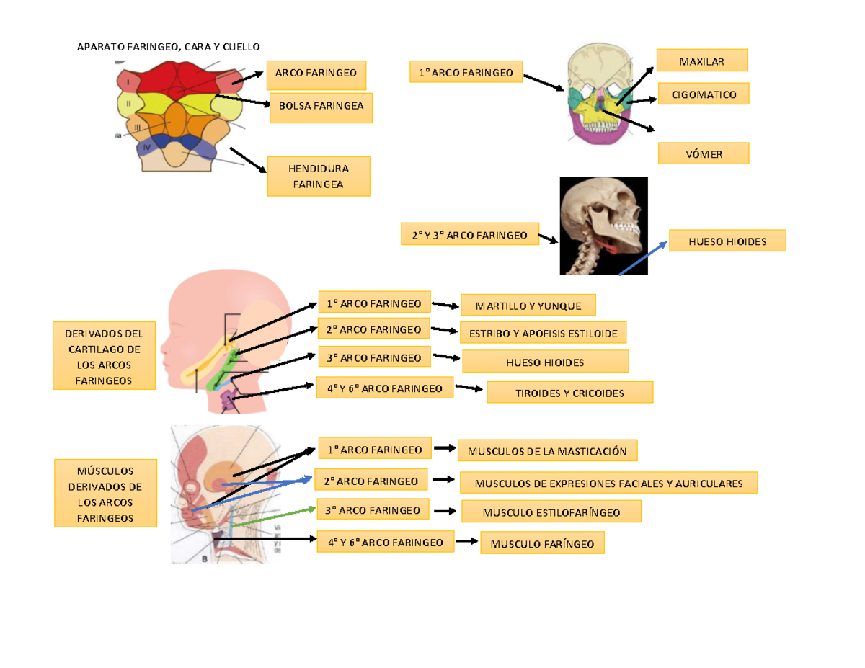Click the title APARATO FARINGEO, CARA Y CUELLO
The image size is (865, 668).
pyautogui.click(x=167, y=48)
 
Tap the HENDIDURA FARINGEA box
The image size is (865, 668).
pyautogui.click(x=318, y=177)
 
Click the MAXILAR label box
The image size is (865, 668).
pyautogui.click(x=701, y=61)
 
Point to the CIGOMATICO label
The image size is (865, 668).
pyautogui.click(x=703, y=94)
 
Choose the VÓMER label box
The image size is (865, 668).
pyautogui.click(x=703, y=153)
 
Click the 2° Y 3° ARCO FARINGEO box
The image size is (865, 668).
pyautogui.click(x=469, y=235)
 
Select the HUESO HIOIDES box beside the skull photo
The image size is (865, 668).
pyautogui.click(x=727, y=241)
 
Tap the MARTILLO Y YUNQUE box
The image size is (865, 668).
pyautogui.click(x=528, y=306)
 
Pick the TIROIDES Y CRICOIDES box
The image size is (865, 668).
pyautogui.click(x=569, y=393)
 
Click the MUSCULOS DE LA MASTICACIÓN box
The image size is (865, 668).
pyautogui.click(x=547, y=451)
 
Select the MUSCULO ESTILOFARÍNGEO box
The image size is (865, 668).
pyautogui.click(x=551, y=512)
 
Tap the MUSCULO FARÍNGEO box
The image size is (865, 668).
pyautogui.click(x=542, y=543)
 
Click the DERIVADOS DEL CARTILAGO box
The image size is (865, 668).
pyautogui.click(x=104, y=355)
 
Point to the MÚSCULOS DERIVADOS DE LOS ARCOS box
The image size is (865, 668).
pyautogui.click(x=105, y=493)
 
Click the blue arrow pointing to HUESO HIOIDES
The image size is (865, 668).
pyautogui.click(x=642, y=257)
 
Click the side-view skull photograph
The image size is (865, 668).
pyautogui.click(x=603, y=226)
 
